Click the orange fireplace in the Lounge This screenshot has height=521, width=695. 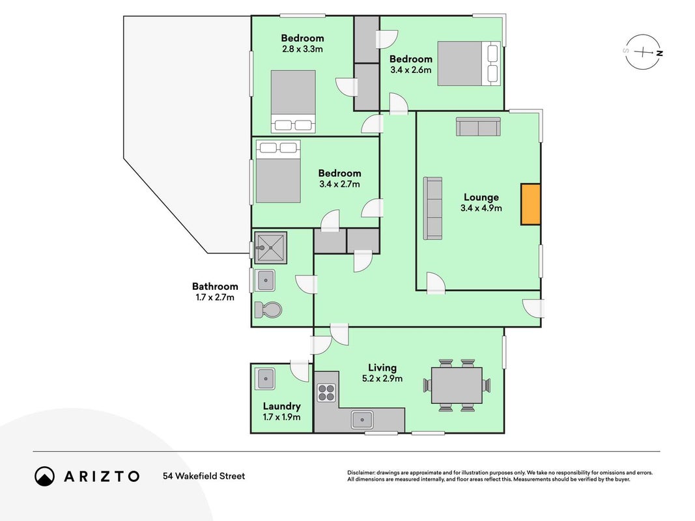point(531,204)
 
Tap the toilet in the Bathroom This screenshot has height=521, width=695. point(268,310)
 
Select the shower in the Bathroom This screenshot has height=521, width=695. point(271,247)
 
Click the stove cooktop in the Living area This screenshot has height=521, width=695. point(327,393)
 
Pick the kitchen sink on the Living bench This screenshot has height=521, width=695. point(362,419)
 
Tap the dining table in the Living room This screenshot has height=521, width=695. point(457,385)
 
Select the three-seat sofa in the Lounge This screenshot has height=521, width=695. point(433,208)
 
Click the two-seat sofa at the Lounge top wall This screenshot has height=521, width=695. point(478,127)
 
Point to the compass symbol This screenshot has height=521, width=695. point(643,52)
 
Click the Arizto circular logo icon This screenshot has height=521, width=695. point(44,476)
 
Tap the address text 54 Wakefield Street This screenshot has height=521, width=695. point(204,476)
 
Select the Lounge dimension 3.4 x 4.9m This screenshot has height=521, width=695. point(481,208)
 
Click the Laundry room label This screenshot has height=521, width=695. point(282,406)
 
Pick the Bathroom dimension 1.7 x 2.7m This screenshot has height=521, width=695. point(215,297)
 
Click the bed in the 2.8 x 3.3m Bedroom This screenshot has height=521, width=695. point(293,102)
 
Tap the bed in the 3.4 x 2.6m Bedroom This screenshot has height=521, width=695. point(469,63)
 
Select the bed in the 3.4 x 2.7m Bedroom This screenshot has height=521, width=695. point(278,171)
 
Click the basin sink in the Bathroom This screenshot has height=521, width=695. point(266,281)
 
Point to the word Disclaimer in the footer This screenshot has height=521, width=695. point(361,473)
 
